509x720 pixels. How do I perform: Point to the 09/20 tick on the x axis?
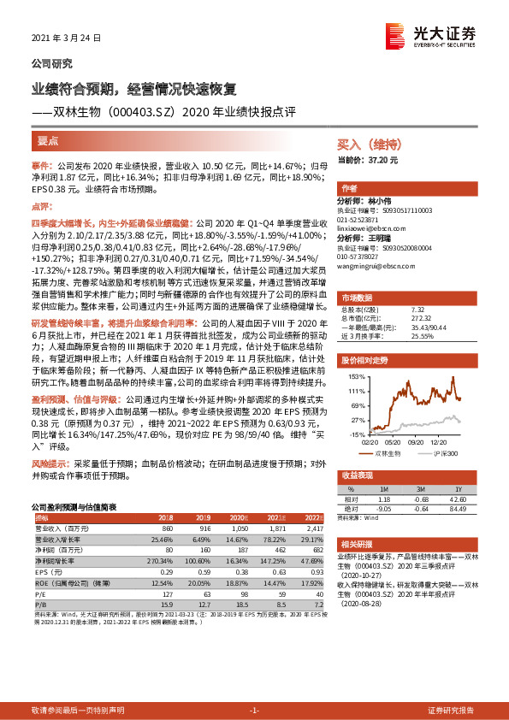[415, 442]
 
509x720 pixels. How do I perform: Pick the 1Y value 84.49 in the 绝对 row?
[466, 510]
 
